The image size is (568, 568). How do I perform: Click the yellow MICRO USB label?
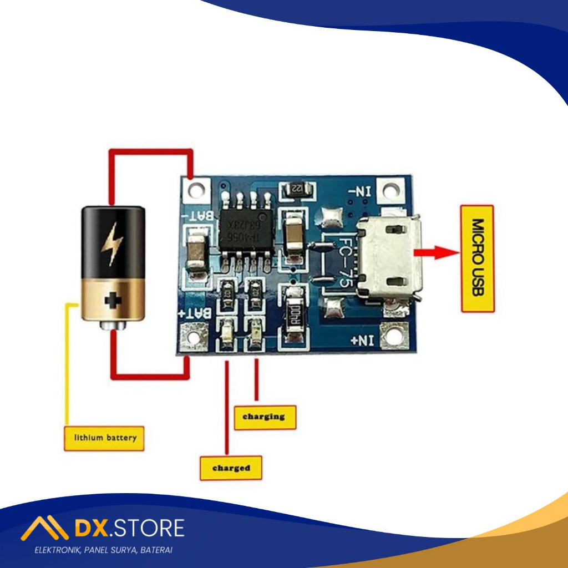pyautogui.click(x=478, y=258)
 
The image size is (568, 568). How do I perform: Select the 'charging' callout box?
pyautogui.click(x=265, y=417)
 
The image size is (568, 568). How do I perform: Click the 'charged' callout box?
pyautogui.click(x=231, y=468)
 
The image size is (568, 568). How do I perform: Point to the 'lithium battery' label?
pyautogui.click(x=104, y=438)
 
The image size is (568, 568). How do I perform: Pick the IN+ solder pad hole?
pyautogui.click(x=394, y=335)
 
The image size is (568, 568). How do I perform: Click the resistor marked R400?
pyautogui.click(x=295, y=317)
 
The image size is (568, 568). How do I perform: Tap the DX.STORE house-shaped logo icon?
pyautogui.click(x=44, y=528)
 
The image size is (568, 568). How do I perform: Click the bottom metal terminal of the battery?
pyautogui.click(x=114, y=326)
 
